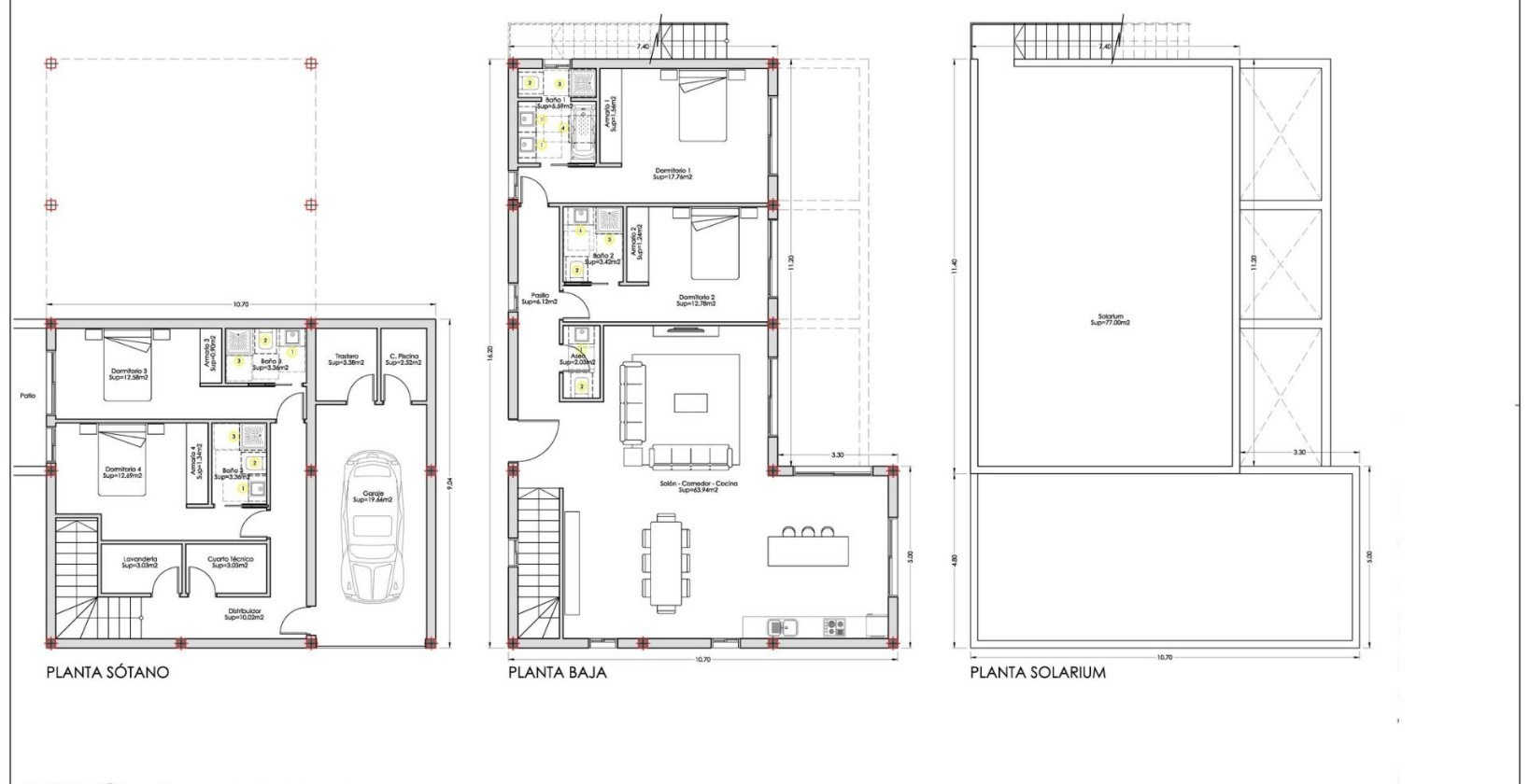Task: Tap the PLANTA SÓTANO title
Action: click(x=108, y=672)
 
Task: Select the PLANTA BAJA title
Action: click(x=558, y=672)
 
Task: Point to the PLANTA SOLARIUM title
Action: click(x=1038, y=672)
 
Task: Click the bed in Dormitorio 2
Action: click(x=715, y=245)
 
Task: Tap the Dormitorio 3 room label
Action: click(x=128, y=373)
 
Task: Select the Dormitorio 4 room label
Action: click(x=123, y=472)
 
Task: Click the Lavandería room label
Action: click(x=140, y=562)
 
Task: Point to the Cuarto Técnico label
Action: click(x=230, y=562)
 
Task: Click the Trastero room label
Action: click(x=347, y=359)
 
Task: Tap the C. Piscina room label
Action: click(x=404, y=359)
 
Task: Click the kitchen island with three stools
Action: click(x=809, y=550)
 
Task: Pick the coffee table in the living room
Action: click(x=690, y=402)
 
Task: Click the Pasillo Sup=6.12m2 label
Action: click(x=540, y=299)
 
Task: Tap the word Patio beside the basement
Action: click(x=28, y=396)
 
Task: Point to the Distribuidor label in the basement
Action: click(x=244, y=614)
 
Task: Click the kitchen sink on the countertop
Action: click(x=779, y=626)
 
